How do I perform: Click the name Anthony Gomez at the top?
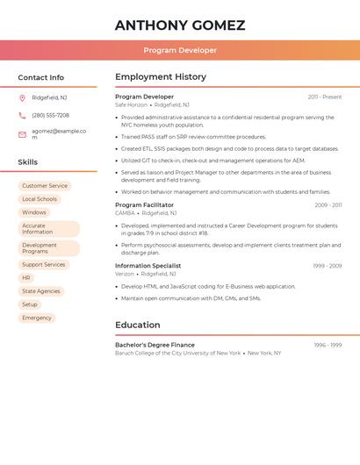click(180, 25)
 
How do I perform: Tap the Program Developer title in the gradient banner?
click(180, 50)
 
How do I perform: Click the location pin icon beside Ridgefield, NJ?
click(22, 97)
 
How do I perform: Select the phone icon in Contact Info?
click(22, 115)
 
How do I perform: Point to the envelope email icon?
click(22, 134)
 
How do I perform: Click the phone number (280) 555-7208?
click(50, 115)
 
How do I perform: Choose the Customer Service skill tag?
click(45, 186)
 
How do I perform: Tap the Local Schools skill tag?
click(40, 199)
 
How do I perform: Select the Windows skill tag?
click(34, 212)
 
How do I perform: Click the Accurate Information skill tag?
click(48, 229)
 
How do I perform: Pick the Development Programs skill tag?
click(48, 248)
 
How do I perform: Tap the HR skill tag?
click(26, 278)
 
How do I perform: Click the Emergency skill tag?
click(37, 318)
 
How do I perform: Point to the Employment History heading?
click(161, 77)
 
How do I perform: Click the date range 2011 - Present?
click(325, 97)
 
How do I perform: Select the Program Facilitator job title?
click(145, 204)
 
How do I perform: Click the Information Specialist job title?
click(148, 266)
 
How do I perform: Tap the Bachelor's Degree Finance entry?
click(155, 345)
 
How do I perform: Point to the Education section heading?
click(137, 325)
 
